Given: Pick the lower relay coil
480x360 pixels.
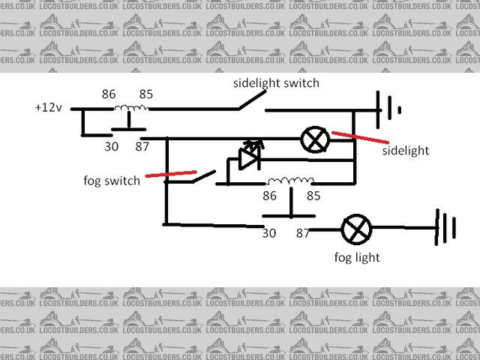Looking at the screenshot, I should click(x=291, y=181).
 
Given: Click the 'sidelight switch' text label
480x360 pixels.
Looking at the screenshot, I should click(x=275, y=83).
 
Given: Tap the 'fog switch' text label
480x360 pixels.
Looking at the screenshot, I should click(x=112, y=181).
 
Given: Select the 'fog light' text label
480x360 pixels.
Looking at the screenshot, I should click(x=357, y=257).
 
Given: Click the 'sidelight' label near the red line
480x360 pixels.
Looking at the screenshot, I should click(x=405, y=150).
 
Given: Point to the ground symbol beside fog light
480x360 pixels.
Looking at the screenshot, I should click(x=445, y=228).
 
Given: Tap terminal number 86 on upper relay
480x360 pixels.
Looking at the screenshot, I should click(x=109, y=95).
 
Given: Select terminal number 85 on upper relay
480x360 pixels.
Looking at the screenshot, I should click(x=145, y=95).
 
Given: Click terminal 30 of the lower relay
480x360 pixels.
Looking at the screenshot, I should click(x=269, y=233).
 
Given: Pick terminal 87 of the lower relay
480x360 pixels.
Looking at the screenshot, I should click(x=303, y=233).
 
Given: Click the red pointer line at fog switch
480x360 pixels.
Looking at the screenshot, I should click(x=171, y=175).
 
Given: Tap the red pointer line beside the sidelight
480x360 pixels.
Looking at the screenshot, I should click(x=360, y=138).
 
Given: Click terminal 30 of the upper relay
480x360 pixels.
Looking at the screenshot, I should click(x=111, y=146).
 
